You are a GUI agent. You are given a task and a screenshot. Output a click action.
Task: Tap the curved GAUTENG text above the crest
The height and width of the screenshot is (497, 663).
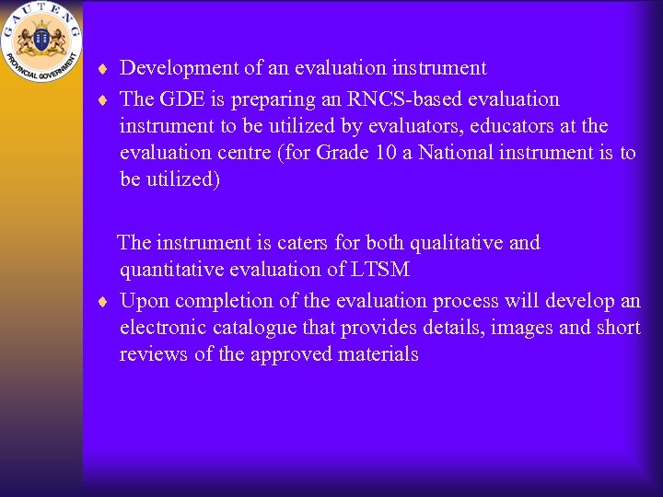pos(41,14)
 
